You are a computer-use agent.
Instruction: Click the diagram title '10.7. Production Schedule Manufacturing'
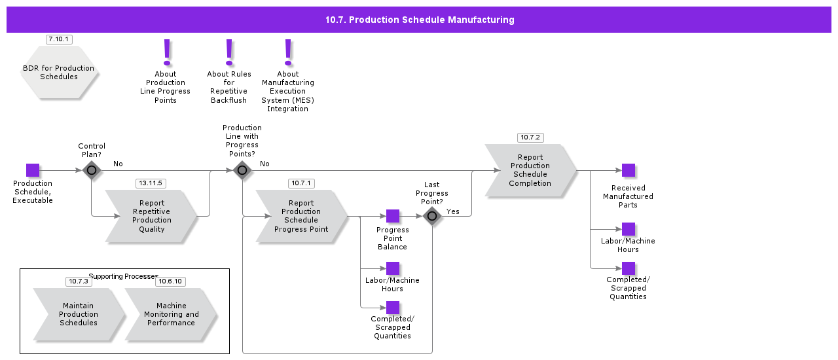pyautogui.click(x=419, y=20)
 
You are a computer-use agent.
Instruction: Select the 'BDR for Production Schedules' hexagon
pyautogui.click(x=59, y=73)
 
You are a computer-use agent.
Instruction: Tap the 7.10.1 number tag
pyautogui.click(x=59, y=39)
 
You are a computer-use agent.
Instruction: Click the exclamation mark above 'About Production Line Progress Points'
pyautogui.click(x=166, y=52)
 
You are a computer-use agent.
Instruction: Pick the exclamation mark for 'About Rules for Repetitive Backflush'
pyautogui.click(x=229, y=52)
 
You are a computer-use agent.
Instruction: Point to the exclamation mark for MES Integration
pyautogui.click(x=287, y=52)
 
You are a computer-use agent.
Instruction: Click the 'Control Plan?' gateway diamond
pyautogui.click(x=92, y=170)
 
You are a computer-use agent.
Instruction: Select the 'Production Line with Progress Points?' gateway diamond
pyautogui.click(x=242, y=170)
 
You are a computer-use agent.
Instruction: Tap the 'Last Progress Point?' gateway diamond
pyautogui.click(x=432, y=216)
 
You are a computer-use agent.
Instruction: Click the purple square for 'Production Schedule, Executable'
pyautogui.click(x=33, y=170)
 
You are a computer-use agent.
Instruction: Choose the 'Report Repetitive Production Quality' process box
pyautogui.click(x=151, y=216)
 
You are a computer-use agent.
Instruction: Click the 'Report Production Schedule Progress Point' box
pyautogui.click(x=301, y=216)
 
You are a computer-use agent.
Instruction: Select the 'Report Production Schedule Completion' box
pyautogui.click(x=530, y=170)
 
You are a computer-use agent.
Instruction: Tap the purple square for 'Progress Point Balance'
pyautogui.click(x=393, y=216)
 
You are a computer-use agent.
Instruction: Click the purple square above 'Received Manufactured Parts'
pyautogui.click(x=628, y=170)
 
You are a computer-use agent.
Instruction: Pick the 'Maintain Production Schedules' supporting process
pyautogui.click(x=79, y=314)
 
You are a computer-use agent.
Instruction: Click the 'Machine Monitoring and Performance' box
pyautogui.click(x=171, y=314)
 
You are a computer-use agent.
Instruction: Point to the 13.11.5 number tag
pyautogui.click(x=150, y=183)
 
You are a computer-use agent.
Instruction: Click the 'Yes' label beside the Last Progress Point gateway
pyautogui.click(x=453, y=211)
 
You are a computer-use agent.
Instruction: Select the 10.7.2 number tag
pyautogui.click(x=530, y=137)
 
